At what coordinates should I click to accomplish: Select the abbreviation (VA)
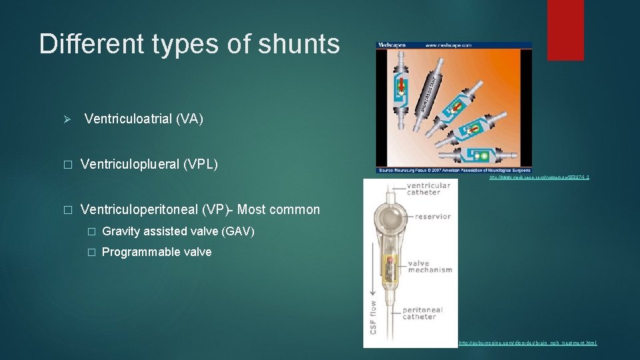coord(189,119)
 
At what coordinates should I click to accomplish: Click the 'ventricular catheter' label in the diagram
coord(428,189)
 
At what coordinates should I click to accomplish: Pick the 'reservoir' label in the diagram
coord(431,217)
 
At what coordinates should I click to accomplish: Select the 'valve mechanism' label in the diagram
coord(429,267)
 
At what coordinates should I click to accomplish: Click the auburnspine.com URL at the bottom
coord(528,343)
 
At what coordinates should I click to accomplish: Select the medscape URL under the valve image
coord(539,177)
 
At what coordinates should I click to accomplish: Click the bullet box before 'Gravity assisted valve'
coord(91,232)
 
